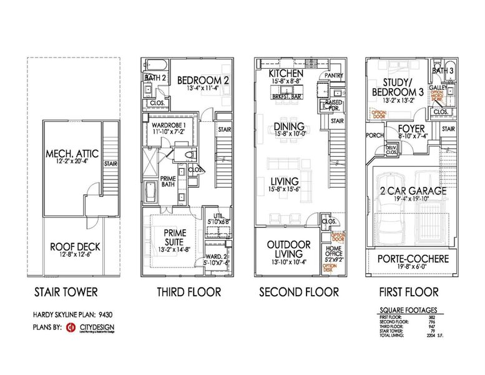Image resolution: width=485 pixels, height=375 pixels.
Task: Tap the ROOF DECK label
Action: (75, 247)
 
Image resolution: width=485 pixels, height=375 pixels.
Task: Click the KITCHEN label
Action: (286, 73)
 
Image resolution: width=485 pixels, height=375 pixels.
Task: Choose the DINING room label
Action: (289, 127)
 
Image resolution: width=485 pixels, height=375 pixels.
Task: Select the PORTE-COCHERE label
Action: (409, 259)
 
